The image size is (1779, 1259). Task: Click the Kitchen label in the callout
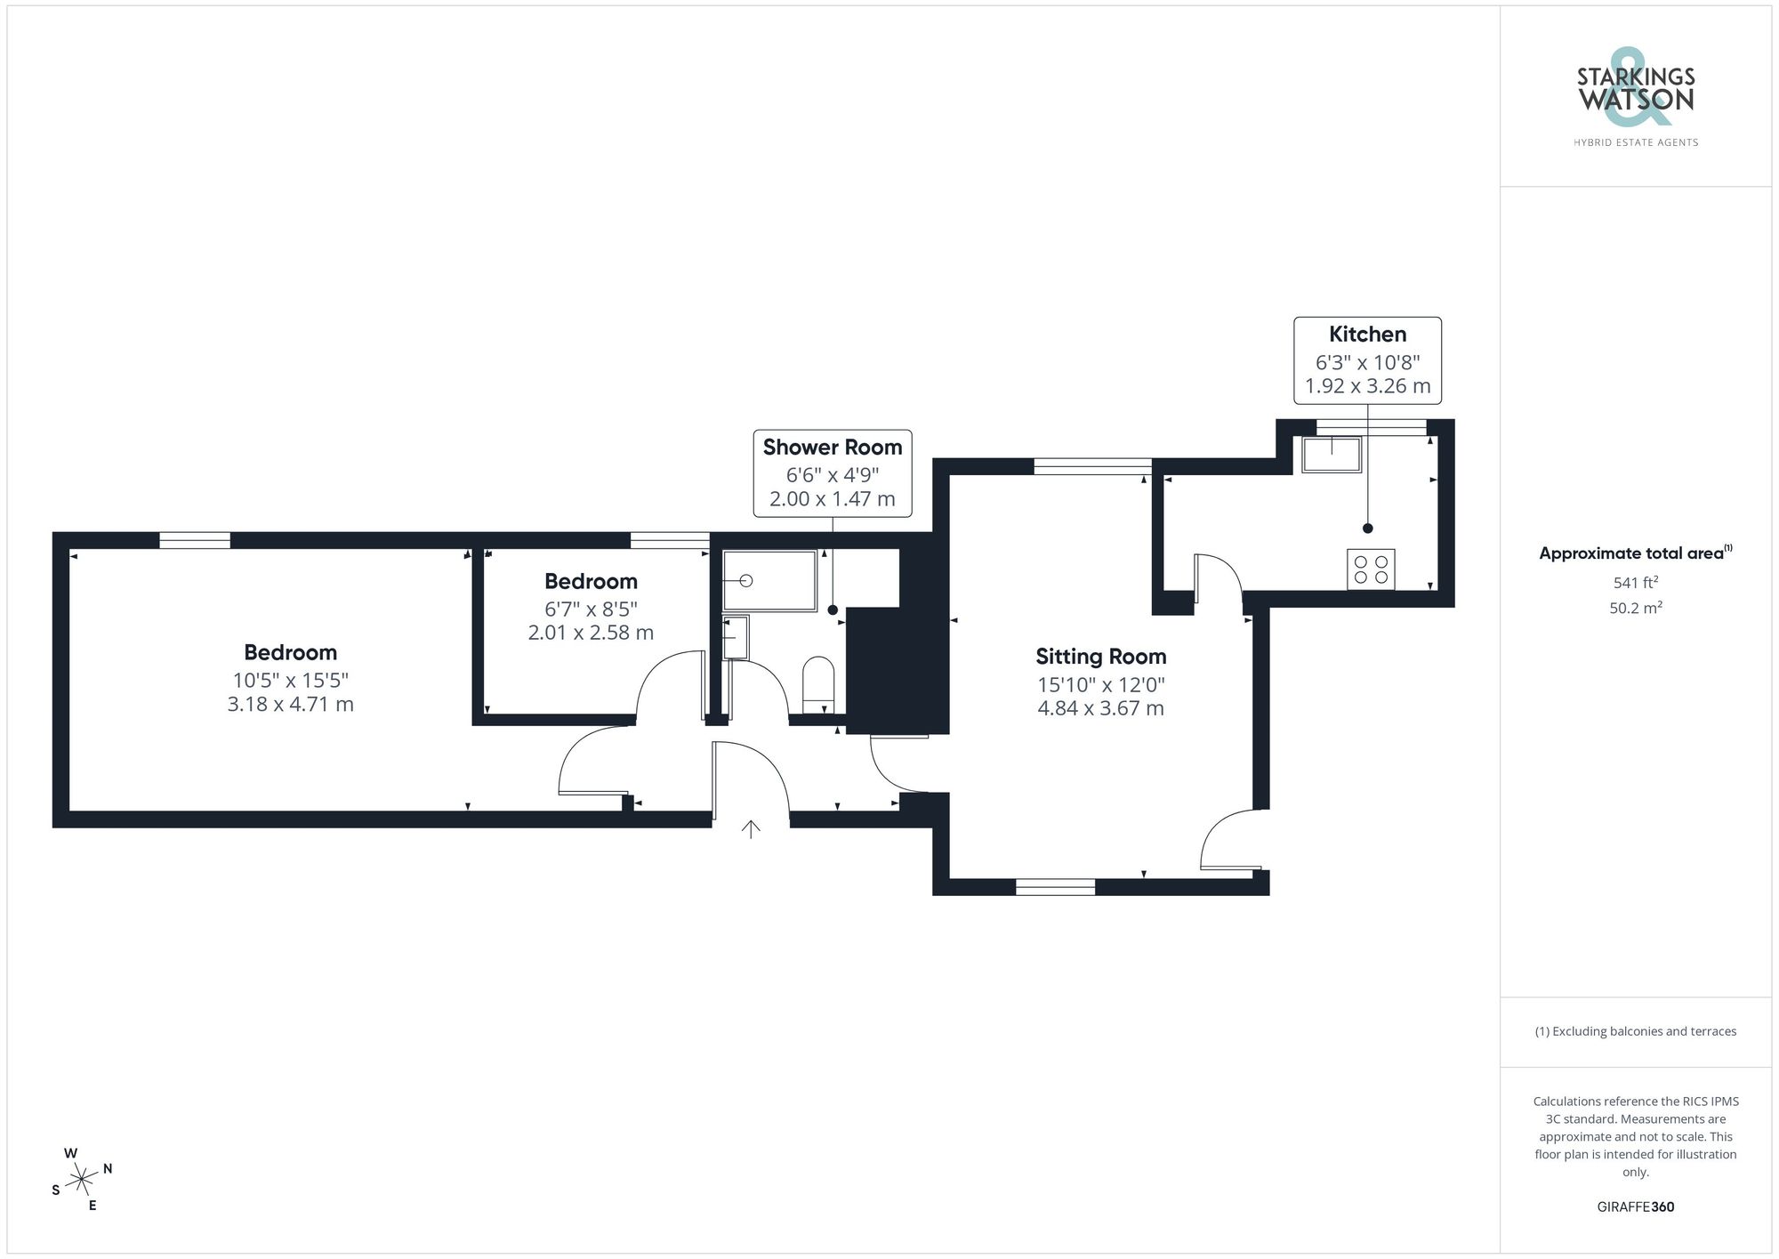tap(1367, 335)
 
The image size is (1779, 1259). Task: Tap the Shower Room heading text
tap(832, 448)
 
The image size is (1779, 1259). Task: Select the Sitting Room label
tap(1100, 657)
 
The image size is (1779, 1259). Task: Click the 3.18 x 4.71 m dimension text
tap(290, 705)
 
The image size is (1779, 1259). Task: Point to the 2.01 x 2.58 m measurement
tap(591, 633)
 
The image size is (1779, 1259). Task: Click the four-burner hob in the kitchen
tap(1371, 569)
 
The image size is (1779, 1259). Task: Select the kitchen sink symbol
tap(1332, 455)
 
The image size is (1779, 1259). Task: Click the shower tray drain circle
tap(747, 581)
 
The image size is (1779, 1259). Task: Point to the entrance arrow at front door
tap(751, 829)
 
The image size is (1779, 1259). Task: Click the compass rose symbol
tap(82, 1180)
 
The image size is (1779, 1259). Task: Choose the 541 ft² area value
tap(1635, 583)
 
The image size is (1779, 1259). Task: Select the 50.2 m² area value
tap(1635, 609)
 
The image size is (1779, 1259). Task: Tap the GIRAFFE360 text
tap(1635, 1207)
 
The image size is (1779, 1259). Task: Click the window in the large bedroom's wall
tap(195, 540)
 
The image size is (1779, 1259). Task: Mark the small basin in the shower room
tap(736, 637)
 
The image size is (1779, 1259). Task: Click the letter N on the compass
tap(108, 1169)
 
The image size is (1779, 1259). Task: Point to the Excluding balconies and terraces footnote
tap(1635, 1032)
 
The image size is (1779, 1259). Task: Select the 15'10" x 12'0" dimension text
tap(1100, 685)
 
